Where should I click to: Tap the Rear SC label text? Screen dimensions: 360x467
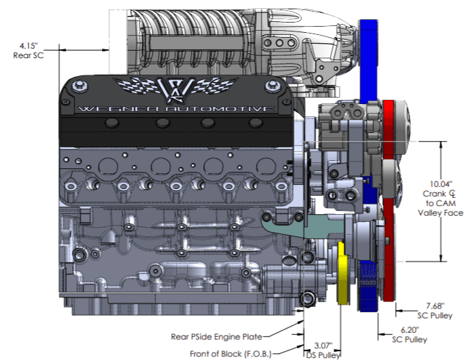coord(29,55)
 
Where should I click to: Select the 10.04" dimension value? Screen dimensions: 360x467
coord(440,183)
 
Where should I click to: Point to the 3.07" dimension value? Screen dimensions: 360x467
coord(323,346)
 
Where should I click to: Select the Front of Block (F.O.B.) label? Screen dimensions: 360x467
coord(231,354)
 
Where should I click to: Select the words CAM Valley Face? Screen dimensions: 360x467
coord(440,213)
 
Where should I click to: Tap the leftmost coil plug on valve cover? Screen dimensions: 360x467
coord(109,123)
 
